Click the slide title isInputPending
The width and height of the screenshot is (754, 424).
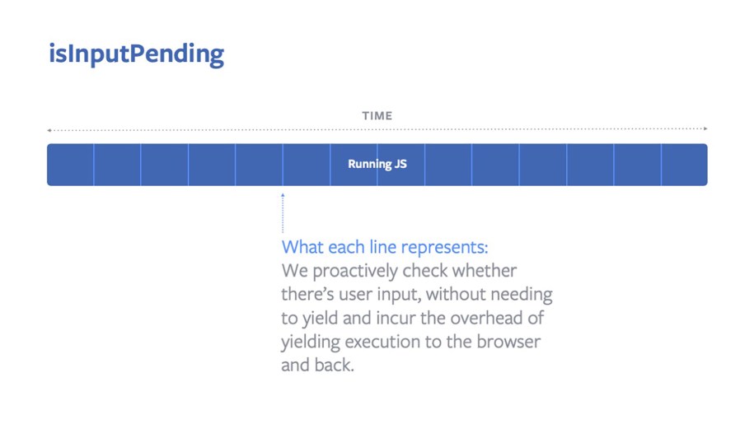coord(136,54)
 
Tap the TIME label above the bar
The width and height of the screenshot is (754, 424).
coord(377,116)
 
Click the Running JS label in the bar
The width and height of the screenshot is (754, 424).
coord(377,164)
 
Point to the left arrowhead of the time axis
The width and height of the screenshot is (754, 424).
coord(49,129)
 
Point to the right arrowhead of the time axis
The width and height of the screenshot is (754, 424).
coord(705,129)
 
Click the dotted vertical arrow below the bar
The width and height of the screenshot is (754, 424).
coord(283,213)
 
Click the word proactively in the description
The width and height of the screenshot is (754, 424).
coord(358,271)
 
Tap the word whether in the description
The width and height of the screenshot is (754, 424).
coord(487,271)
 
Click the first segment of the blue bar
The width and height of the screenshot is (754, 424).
coord(71,165)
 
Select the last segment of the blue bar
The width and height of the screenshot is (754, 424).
coord(684,165)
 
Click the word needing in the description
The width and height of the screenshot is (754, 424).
coord(522,294)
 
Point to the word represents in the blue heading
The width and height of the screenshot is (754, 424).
coord(444,247)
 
